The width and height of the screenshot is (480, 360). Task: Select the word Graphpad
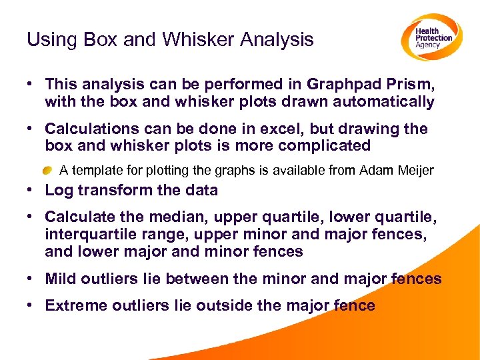[343, 85]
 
